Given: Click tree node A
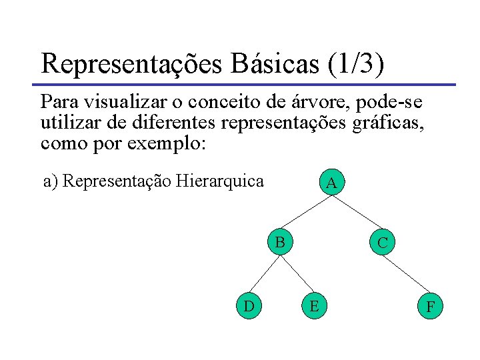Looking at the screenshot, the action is click(331, 182).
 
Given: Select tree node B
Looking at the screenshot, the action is click(281, 241).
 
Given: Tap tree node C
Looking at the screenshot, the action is click(382, 243).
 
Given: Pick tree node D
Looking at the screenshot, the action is click(248, 306).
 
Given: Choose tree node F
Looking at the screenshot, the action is click(431, 307).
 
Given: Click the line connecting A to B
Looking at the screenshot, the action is click(307, 211).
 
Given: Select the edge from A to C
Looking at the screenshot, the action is click(357, 213).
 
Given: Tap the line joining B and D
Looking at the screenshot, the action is click(265, 273).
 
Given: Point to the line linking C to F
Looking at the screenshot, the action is click(407, 275).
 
